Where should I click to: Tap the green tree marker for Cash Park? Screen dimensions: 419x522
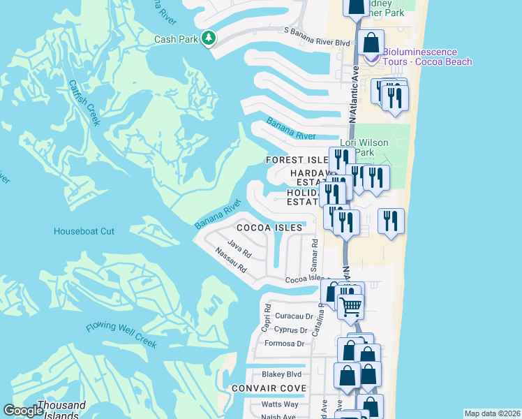coord(207,38)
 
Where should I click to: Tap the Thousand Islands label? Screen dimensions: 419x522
coord(61,409)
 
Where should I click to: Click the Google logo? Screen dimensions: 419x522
coord(24,411)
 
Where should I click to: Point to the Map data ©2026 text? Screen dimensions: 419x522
coord(492,413)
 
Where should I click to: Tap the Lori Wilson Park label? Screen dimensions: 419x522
coord(364,147)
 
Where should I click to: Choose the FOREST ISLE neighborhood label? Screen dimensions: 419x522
coord(297,160)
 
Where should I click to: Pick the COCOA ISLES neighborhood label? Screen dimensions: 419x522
coord(269,228)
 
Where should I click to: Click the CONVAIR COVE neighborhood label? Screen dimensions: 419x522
coord(269,388)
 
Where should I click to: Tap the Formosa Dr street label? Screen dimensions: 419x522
coord(285,344)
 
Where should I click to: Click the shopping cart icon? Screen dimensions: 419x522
coord(350,304)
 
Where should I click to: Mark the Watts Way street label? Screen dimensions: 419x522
coord(280,404)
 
